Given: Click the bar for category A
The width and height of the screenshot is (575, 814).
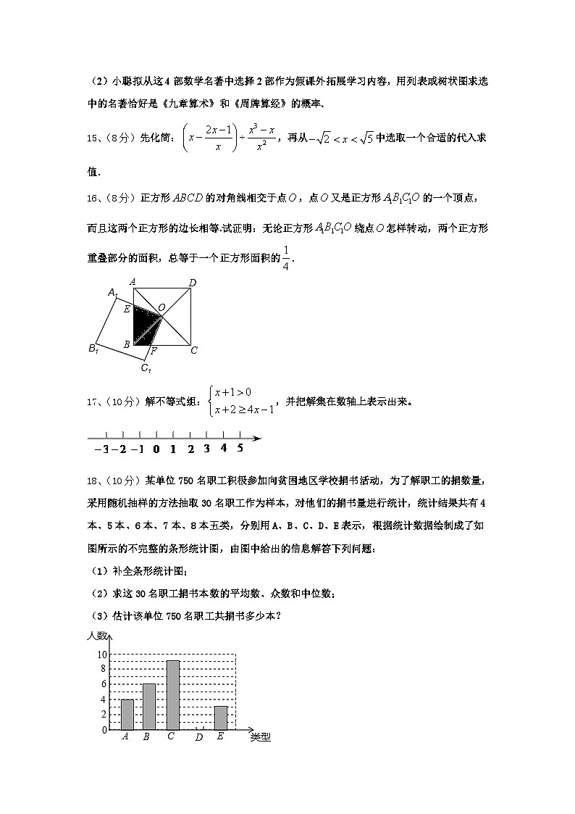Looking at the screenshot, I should (x=127, y=714).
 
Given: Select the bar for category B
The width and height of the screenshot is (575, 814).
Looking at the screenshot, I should (x=148, y=707).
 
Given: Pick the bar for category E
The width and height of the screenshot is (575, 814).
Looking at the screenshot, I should (x=221, y=718).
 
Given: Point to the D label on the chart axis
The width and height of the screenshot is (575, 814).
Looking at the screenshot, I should (x=198, y=738).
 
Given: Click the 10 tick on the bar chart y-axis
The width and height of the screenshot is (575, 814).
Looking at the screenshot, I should (x=102, y=655).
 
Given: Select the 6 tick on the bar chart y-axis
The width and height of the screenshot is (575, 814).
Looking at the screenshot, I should (x=103, y=684).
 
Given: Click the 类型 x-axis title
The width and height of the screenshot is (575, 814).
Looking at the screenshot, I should (x=260, y=738).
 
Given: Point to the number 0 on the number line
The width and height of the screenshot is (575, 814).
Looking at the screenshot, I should (x=156, y=449).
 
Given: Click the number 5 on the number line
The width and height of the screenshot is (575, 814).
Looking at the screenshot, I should (x=240, y=448).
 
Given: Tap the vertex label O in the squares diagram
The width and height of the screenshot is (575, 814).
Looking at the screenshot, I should (x=162, y=308).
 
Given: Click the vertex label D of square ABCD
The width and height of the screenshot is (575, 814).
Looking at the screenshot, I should (x=193, y=283).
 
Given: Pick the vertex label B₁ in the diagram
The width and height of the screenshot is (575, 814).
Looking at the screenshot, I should (x=93, y=349).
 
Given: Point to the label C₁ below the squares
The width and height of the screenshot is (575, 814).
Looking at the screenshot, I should (x=146, y=369).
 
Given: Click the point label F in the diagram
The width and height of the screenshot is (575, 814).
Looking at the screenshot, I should (x=154, y=352).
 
